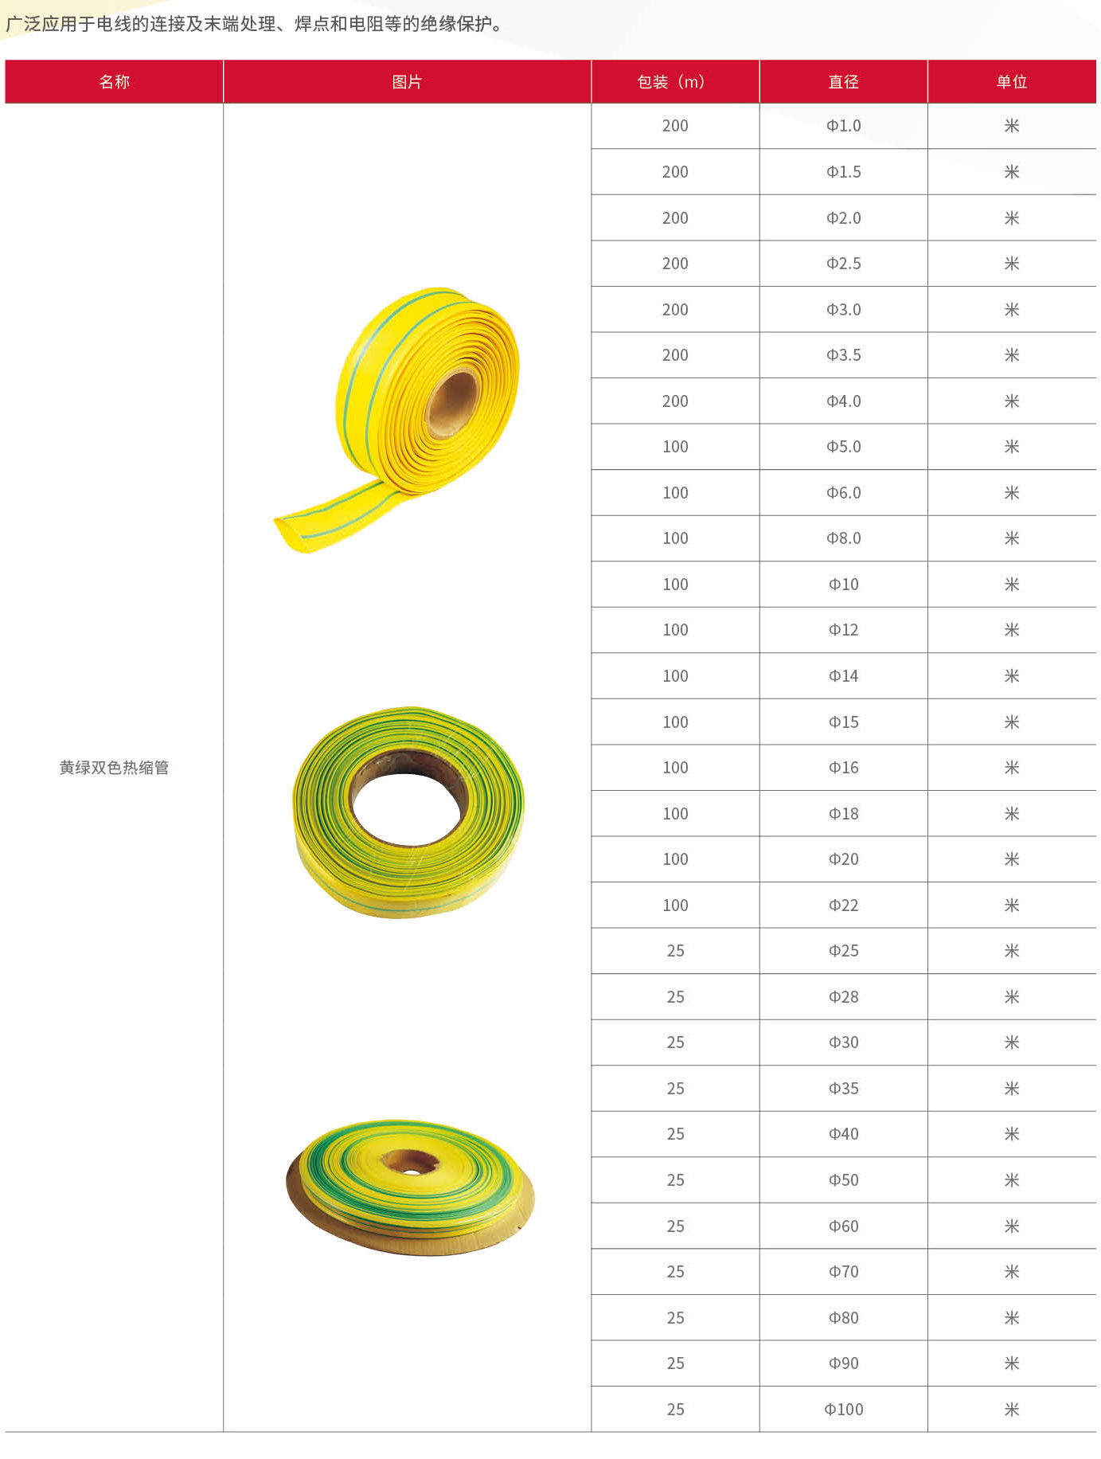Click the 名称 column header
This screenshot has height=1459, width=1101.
pos(114,82)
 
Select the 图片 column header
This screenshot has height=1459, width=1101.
pos(407,82)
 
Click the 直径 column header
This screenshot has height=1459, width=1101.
pos(843,82)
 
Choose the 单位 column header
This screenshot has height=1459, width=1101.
pos(1012,82)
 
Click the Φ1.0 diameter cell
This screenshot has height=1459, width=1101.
pos(843,126)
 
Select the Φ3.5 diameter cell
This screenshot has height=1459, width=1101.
pos(843,355)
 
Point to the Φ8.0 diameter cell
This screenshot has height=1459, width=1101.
pos(843,538)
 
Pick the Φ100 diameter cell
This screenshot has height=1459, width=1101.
pos(843,1410)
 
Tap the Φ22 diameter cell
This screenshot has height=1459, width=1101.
pos(843,906)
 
